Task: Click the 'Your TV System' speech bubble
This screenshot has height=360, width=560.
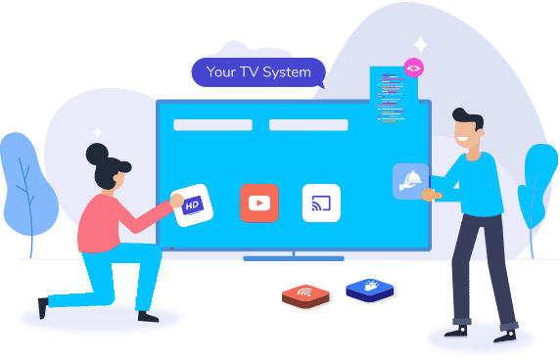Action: click(258, 72)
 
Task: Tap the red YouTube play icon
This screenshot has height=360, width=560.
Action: click(259, 202)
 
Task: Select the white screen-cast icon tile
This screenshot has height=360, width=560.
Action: click(321, 202)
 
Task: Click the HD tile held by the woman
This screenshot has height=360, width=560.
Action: click(193, 205)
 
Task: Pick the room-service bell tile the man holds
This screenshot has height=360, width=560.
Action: click(410, 181)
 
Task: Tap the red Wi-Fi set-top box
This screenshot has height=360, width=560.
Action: click(306, 295)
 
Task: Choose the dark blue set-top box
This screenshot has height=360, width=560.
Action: click(370, 290)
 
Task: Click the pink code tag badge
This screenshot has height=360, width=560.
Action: click(413, 68)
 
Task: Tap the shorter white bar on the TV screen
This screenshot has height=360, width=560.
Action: click(199, 125)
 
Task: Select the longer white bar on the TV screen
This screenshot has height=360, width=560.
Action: click(308, 125)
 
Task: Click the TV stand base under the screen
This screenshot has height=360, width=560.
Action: click(293, 258)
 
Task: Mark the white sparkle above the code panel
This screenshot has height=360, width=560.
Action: click(420, 44)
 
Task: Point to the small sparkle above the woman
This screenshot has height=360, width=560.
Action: click(97, 131)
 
